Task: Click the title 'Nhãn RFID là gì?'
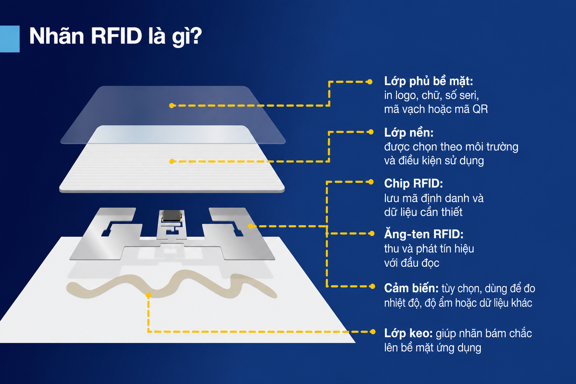pos(116,36)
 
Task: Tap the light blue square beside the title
pos(10,39)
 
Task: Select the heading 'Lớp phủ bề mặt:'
pos(429,81)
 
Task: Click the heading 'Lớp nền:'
pos(409,133)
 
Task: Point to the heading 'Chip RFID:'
pos(414,183)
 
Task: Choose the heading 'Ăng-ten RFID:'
pos(424,234)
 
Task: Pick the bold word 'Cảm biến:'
pos(411,288)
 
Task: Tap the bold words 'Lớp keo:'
pos(408,333)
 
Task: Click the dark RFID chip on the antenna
pos(172,216)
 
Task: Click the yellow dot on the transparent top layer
pos(172,105)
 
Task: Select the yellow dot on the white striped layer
pos(172,161)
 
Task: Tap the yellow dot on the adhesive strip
pos(148,295)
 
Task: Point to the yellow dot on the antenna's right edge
pos(251,226)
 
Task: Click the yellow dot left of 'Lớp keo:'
pos(373,332)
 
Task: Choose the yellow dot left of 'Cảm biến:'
pos(372,286)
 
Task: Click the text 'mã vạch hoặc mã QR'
pos(436,109)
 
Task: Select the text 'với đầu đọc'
pos(411,263)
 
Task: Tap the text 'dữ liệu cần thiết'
pos(423,212)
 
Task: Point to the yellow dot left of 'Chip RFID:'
pos(371,182)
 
